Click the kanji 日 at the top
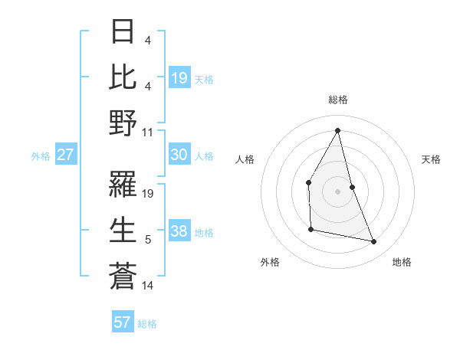pos(123,33)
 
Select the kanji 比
pos(123,78)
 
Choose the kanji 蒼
pos(123,276)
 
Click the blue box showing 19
pos(179,78)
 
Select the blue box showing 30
pos(179,155)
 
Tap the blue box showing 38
pos(179,231)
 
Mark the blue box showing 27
pos(65,155)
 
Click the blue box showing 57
pos(123,322)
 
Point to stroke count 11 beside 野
pos(148,132)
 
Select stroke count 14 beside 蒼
pos(148,286)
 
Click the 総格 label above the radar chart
pos(337,100)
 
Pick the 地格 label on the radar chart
pos(402,262)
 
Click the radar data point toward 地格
pos(374,241)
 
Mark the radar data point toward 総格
pos(337,130)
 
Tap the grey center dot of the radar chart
pos(337,191)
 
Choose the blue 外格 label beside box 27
pos(41,156)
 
